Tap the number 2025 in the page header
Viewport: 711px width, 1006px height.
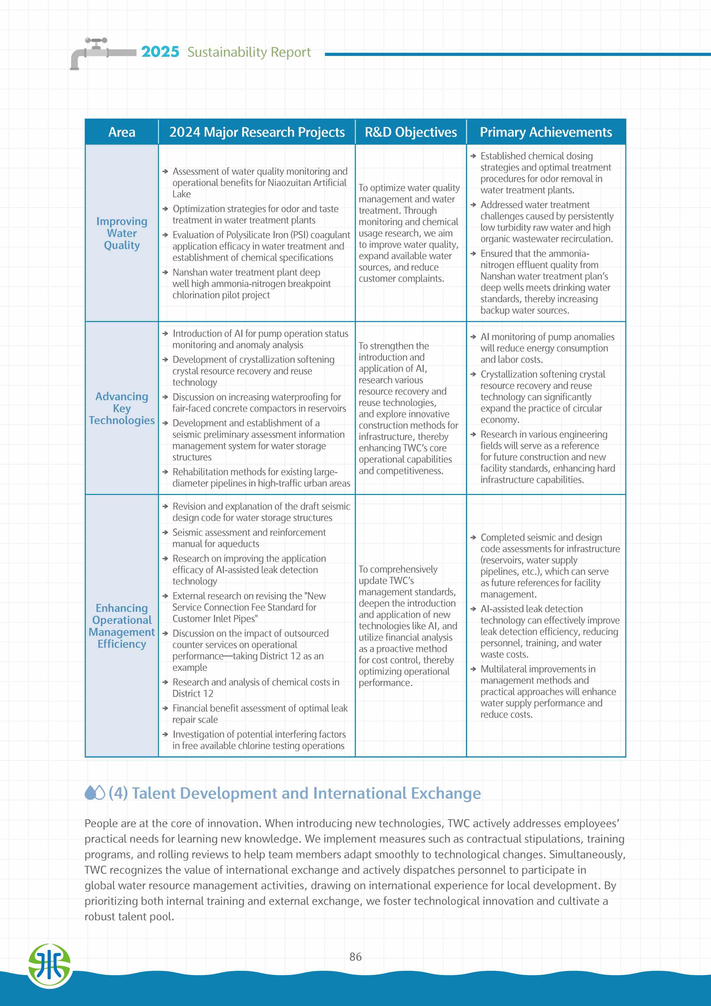pos(160,52)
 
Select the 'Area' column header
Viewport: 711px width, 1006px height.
pos(122,132)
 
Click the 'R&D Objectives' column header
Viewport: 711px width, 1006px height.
pos(410,132)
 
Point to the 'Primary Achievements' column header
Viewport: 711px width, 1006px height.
pos(546,132)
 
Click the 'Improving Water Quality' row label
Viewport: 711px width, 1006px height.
pos(122,233)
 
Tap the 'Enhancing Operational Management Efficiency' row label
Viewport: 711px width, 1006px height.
pos(122,626)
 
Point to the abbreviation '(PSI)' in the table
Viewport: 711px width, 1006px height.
pos(299,235)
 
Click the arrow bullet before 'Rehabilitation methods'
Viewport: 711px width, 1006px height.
pos(165,472)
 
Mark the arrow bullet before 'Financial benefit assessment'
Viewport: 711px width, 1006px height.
pos(165,708)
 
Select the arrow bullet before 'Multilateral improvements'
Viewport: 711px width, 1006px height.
pos(473,669)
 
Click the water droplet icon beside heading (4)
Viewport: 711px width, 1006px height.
pos(95,793)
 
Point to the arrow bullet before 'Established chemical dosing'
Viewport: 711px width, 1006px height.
pos(473,156)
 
